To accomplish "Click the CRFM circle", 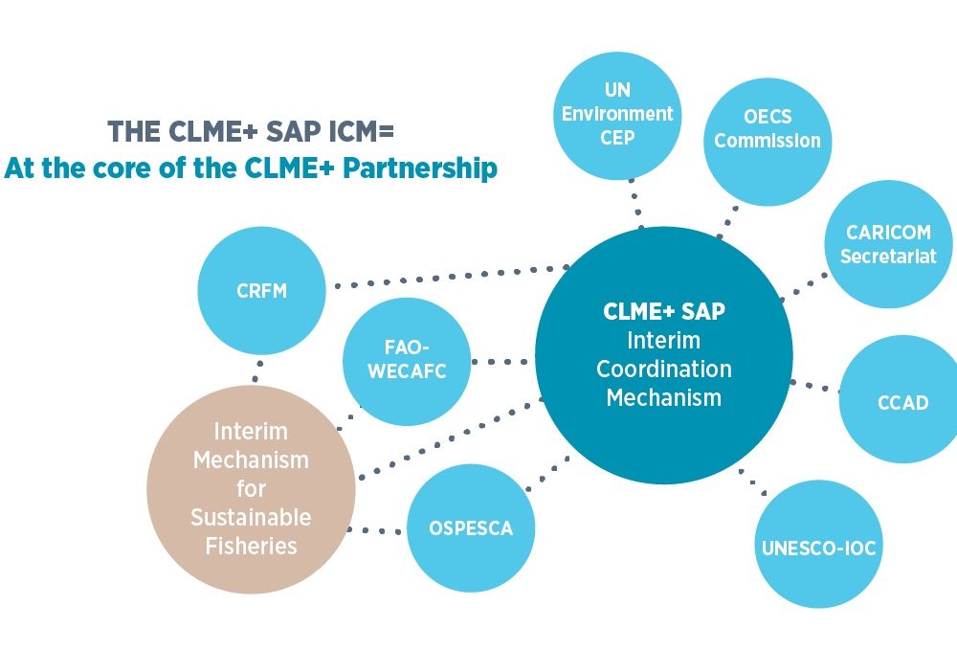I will coord(261,290).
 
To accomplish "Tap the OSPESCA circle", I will coord(471,527).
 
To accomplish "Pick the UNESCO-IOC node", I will coord(818,548).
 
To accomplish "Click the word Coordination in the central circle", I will coord(663,369).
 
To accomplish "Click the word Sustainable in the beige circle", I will coord(251,518).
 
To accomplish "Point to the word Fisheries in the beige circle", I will coord(251,547).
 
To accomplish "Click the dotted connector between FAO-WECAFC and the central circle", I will coord(501,362).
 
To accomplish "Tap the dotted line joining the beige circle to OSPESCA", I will coord(377,529).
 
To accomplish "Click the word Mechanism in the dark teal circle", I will coord(663,397).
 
